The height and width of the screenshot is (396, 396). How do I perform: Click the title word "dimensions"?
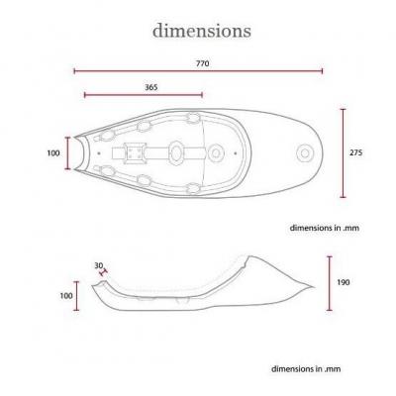(202, 31)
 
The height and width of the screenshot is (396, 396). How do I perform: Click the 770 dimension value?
(203, 63)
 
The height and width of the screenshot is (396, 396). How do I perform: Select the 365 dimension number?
(151, 87)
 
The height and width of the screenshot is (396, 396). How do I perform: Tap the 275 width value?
(355, 152)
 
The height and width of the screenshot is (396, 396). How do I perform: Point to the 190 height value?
(344, 282)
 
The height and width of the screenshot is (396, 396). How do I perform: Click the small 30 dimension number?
(99, 265)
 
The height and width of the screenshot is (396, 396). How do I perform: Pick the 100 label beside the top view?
(53, 153)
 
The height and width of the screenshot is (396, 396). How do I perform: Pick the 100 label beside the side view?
(66, 296)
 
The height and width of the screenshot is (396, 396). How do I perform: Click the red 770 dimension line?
(198, 71)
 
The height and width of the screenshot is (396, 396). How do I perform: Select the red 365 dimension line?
(144, 95)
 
